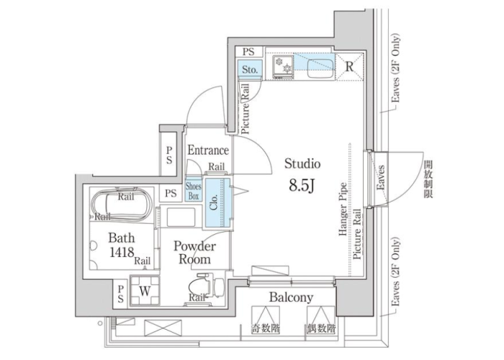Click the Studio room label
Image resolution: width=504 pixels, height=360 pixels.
coord(302,164)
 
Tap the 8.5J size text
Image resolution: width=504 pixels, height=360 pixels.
coord(301,186)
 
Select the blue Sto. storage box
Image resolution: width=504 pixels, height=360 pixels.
coord(250,69)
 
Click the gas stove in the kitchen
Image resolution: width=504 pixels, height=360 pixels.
coord(283,66)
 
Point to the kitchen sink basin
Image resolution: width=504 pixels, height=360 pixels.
coord(320,67)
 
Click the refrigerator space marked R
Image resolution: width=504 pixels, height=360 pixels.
coord(349,67)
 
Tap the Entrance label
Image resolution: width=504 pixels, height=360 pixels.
coord(208,150)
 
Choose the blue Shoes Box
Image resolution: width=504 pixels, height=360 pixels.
coord(194,191)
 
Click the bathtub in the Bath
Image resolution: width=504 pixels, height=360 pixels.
coord(121,203)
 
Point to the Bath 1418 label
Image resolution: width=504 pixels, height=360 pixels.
coord(122,245)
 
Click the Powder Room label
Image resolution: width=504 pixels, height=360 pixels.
coord(195,253)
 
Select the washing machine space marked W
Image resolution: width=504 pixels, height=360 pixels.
coord(145,290)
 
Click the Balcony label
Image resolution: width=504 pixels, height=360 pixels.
coord(291,297)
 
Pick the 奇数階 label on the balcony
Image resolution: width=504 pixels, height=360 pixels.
coord(266,328)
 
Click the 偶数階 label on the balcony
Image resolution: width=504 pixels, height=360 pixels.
coord(321,328)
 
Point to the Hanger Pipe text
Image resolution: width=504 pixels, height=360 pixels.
coord(343,209)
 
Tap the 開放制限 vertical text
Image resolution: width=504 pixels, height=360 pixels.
coord(428,179)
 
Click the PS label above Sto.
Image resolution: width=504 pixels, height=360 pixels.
coord(248,51)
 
